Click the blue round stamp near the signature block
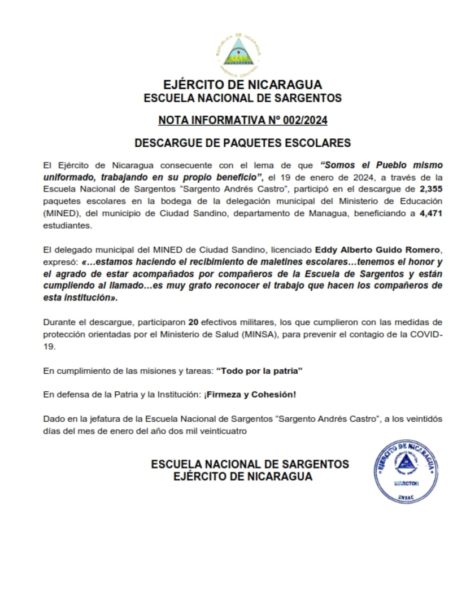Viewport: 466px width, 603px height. (407, 470)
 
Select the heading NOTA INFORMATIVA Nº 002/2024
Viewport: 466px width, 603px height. (243, 120)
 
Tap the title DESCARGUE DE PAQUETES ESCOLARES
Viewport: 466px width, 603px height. (243, 143)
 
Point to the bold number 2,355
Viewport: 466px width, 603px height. (431, 189)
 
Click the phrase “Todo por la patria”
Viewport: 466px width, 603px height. (260, 371)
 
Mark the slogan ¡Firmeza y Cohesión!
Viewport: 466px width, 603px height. (250, 395)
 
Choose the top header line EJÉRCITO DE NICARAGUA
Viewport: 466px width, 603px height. (243, 85)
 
